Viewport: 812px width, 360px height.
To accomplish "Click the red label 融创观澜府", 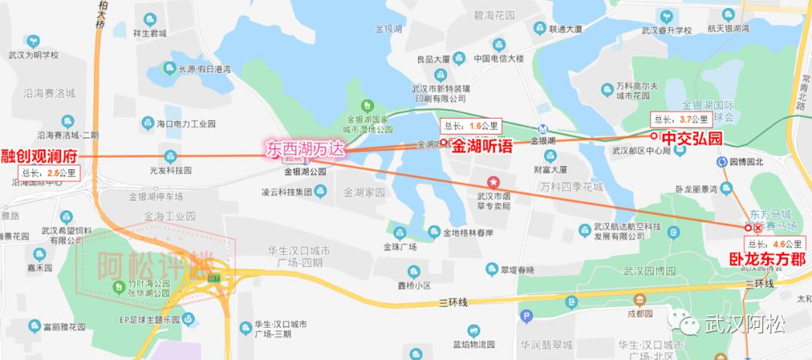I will click(x=38, y=156).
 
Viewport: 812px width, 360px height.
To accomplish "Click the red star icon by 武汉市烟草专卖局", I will click(x=494, y=181).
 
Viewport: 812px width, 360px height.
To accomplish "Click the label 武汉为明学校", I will click(x=33, y=55).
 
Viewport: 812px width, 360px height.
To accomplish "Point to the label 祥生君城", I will click(x=149, y=32).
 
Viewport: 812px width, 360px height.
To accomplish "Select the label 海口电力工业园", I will click(x=186, y=123).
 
